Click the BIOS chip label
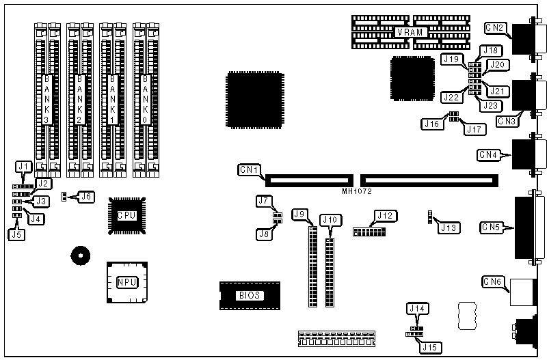coord(249,296)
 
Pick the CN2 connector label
coord(495,28)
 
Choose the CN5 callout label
coord(492,226)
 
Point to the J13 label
coord(449,226)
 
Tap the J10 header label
coord(330,220)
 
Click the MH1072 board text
coord(357,191)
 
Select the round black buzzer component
coord(80,257)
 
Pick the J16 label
coord(431,124)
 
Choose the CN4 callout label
coord(491,154)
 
